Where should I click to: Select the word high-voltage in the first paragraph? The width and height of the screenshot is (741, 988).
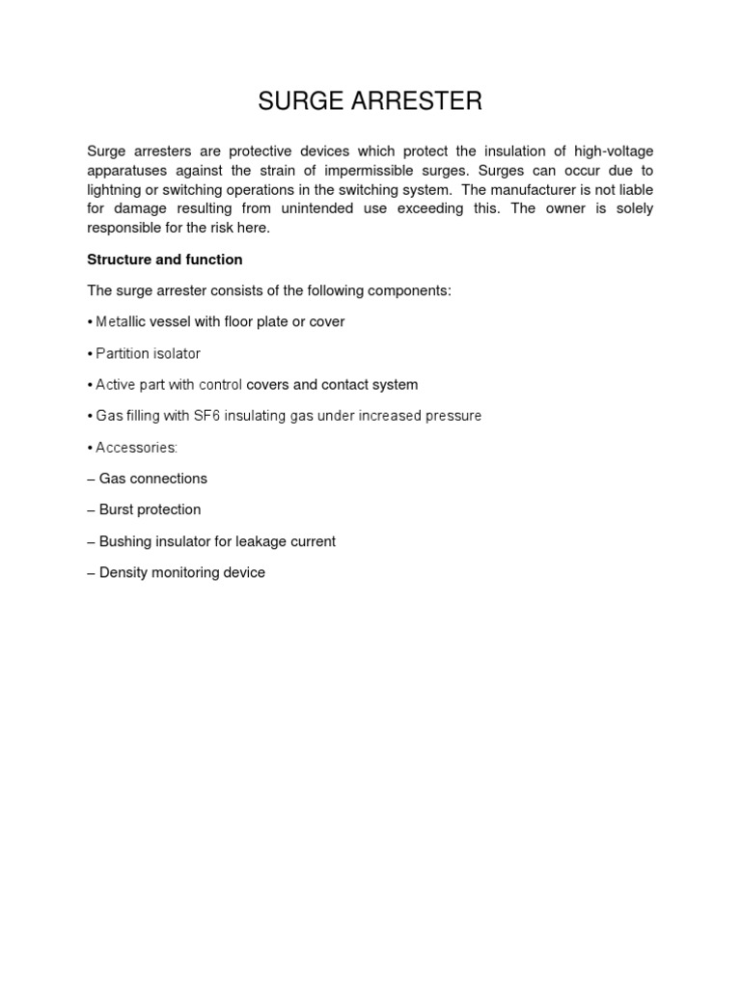coord(613,151)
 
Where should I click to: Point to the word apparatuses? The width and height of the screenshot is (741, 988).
coord(126,171)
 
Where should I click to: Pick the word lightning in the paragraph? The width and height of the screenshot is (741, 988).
coord(116,190)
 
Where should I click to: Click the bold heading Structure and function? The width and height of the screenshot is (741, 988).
coord(165,260)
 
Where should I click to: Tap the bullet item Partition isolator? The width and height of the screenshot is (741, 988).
coord(148,353)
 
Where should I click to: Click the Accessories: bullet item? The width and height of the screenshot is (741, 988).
coord(136,448)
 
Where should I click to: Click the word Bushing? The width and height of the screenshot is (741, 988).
coord(125,541)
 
